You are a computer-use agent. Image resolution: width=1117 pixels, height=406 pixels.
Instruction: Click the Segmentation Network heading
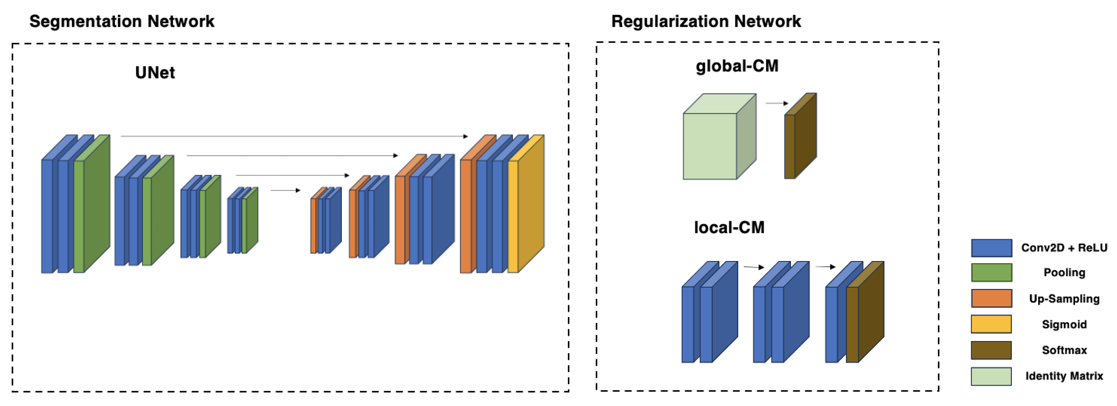pos(122,21)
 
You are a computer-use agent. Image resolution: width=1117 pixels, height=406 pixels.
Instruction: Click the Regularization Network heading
pos(706,21)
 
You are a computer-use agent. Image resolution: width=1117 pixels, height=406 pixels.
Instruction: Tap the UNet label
pos(155,72)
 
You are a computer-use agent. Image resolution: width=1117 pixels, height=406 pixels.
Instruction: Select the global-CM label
pos(737,66)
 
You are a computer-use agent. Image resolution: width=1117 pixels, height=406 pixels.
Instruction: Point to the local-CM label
pos(729,227)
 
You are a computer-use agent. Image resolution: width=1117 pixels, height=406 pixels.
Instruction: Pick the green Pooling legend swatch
pos(991,273)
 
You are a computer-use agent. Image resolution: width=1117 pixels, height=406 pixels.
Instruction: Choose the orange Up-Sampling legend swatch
pos(991,298)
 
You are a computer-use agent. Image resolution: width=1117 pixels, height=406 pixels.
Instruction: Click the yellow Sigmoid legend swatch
pos(991,324)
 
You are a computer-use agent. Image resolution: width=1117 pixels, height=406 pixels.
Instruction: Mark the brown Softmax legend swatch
pos(991,350)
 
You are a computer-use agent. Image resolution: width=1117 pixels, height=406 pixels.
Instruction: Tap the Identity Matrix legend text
pos(1064,376)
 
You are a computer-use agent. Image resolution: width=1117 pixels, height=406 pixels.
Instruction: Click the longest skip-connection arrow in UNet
pos(294,136)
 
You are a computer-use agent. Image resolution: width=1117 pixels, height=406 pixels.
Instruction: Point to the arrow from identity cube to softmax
pos(777,103)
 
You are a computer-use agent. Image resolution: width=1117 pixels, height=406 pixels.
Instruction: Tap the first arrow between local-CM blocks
pos(753,267)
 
